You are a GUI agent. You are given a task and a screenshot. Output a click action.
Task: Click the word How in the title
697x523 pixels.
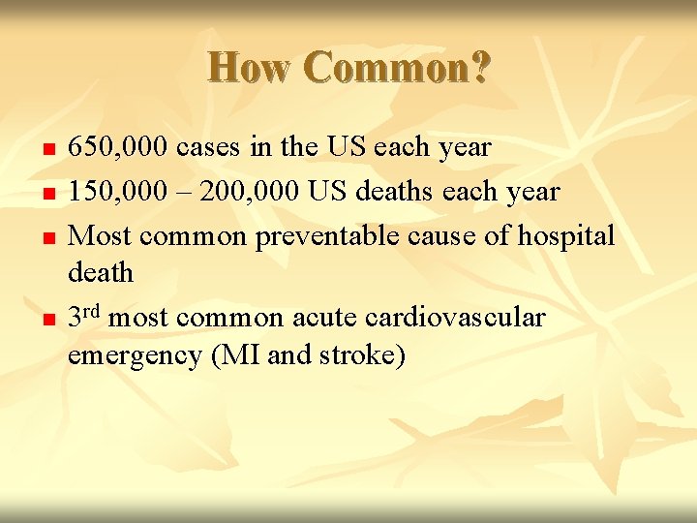(x=251, y=68)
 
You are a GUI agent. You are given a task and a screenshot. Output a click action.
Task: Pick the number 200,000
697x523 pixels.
(x=243, y=191)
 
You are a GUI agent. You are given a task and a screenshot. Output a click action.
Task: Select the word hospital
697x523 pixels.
(x=568, y=234)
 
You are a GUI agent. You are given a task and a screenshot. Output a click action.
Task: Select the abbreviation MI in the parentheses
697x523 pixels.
(x=232, y=354)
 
